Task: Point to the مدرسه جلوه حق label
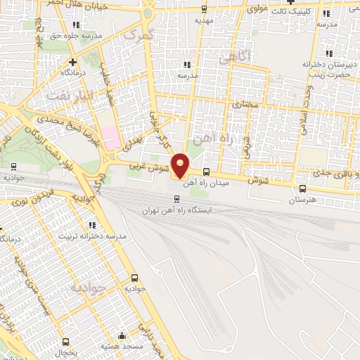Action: tap(77, 34)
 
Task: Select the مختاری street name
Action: tap(246, 104)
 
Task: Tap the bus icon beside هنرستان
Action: tap(302, 188)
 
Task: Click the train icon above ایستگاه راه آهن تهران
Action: tap(176, 199)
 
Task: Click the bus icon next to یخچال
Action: tap(66, 342)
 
